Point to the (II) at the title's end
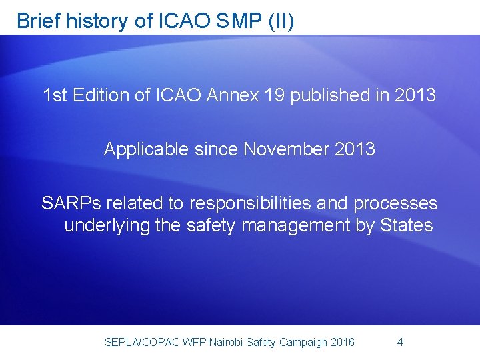pyautogui.click(x=280, y=21)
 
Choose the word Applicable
pyautogui.click(x=147, y=149)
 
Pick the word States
pyautogui.click(x=406, y=225)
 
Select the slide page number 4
pyautogui.click(x=399, y=343)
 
